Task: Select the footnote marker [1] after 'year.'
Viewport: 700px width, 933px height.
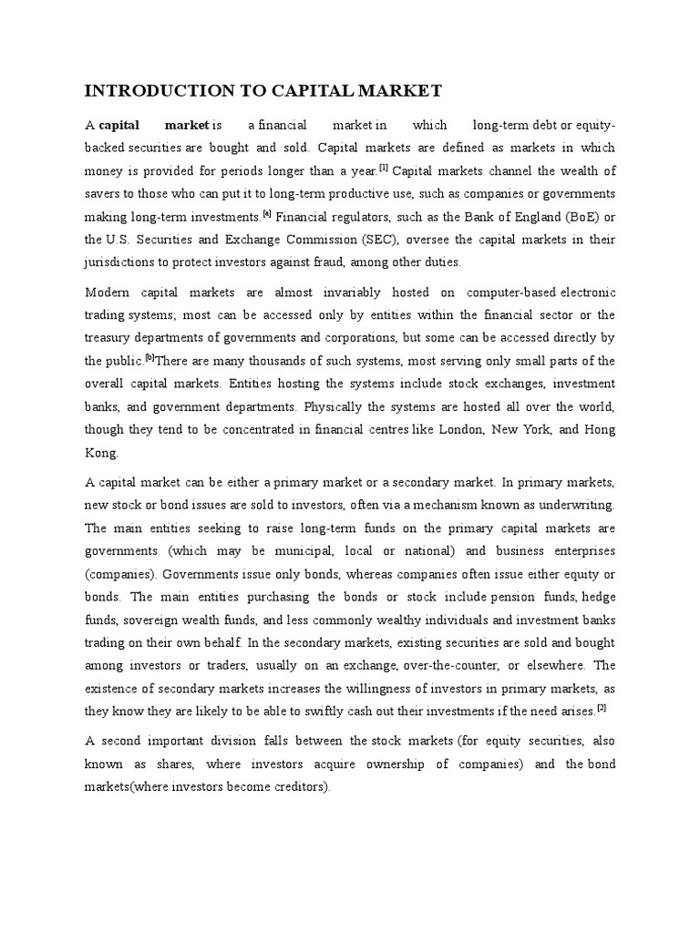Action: tap(385, 168)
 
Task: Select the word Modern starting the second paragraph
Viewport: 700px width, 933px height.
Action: tap(108, 292)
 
